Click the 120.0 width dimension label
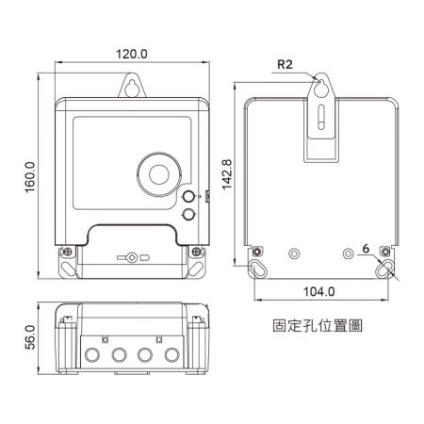click(x=131, y=54)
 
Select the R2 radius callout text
click(x=285, y=66)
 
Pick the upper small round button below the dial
click(x=186, y=197)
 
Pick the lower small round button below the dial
click(x=186, y=215)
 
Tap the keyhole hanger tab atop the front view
click(x=131, y=88)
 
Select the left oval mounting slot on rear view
click(x=256, y=269)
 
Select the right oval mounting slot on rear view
click(x=383, y=269)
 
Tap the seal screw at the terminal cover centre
click(x=132, y=256)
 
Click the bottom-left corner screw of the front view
click(x=69, y=252)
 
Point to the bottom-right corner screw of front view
click(x=195, y=252)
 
